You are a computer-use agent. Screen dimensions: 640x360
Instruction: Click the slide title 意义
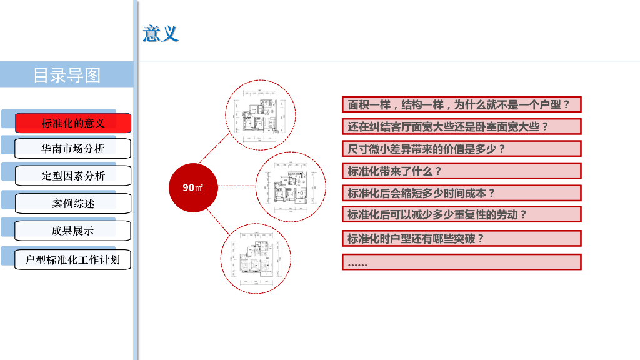(x=161, y=33)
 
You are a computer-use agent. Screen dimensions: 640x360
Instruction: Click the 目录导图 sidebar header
(x=67, y=75)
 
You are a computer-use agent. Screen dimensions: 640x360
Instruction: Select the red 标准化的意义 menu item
(x=73, y=122)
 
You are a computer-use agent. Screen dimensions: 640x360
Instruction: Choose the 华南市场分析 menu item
(x=73, y=149)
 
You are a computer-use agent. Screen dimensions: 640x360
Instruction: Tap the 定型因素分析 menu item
(x=73, y=176)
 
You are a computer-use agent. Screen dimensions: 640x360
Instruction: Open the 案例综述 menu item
(x=73, y=203)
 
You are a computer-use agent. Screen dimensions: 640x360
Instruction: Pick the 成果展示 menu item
(x=73, y=231)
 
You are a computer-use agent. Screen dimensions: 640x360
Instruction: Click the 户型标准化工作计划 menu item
(x=73, y=259)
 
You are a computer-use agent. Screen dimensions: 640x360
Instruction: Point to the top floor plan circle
(x=261, y=114)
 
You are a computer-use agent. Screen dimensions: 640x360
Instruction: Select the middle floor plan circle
(x=291, y=186)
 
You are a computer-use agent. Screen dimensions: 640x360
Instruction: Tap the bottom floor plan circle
(x=256, y=259)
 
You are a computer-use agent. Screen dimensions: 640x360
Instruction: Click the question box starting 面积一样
(x=461, y=104)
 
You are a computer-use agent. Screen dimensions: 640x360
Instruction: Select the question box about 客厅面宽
(x=461, y=126)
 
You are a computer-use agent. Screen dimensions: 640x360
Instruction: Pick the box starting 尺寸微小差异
(x=461, y=149)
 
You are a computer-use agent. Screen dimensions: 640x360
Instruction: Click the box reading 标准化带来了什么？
(x=461, y=171)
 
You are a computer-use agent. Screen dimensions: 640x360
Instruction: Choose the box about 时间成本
(x=461, y=193)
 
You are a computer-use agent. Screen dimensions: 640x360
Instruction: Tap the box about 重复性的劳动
(x=461, y=214)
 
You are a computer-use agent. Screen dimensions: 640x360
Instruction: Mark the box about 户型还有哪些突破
(x=461, y=238)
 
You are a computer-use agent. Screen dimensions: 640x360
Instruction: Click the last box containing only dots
(x=461, y=262)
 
